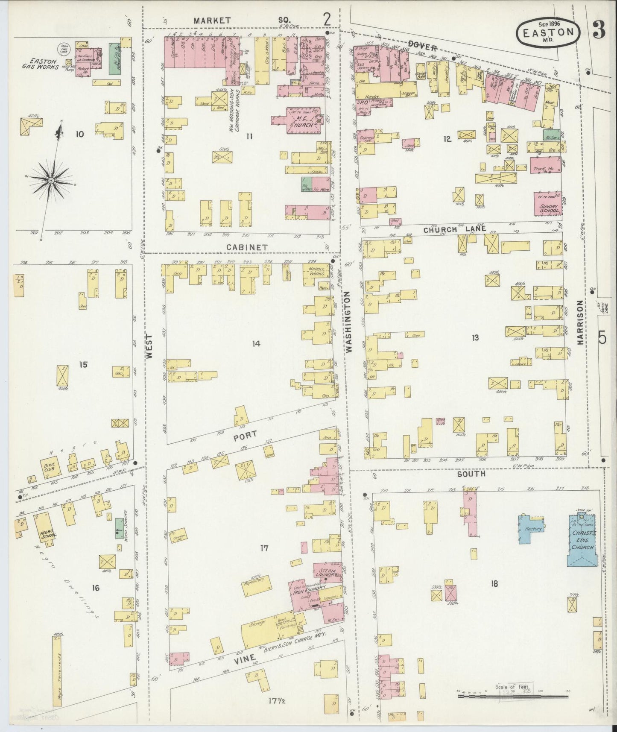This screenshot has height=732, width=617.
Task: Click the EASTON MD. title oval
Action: coord(549,33)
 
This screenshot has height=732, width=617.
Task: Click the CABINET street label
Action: coord(242,247)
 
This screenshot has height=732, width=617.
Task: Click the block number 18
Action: coord(494,584)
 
